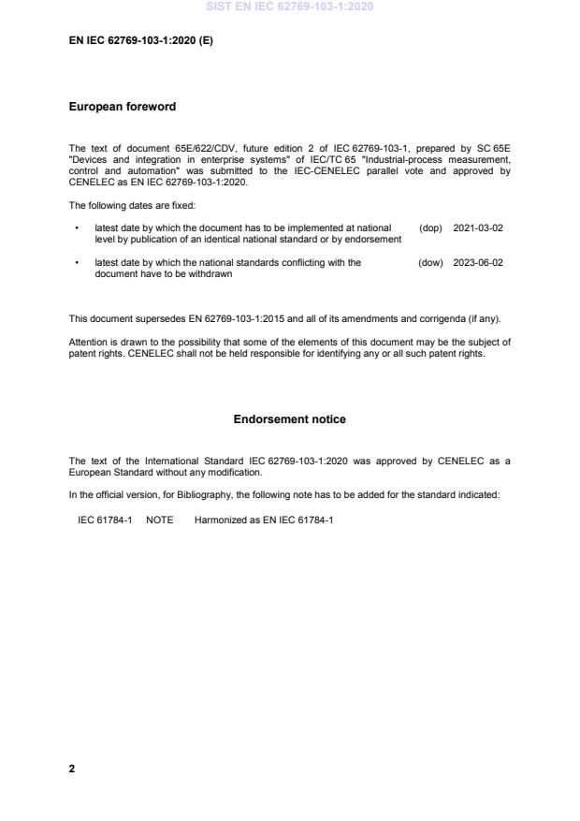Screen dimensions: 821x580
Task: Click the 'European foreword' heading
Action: pyautogui.click(x=122, y=107)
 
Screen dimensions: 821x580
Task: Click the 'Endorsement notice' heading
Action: pyautogui.click(x=289, y=419)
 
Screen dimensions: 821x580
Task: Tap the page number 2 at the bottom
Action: pyautogui.click(x=72, y=769)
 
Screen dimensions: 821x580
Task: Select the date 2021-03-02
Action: pyautogui.click(x=477, y=227)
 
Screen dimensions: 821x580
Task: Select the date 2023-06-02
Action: pyautogui.click(x=477, y=263)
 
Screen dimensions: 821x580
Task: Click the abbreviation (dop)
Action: pyautogui.click(x=430, y=227)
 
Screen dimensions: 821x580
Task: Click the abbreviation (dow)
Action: pyautogui.click(x=430, y=263)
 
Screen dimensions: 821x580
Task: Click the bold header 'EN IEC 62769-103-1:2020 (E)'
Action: pyautogui.click(x=140, y=41)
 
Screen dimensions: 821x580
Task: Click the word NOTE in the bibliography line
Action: pyautogui.click(x=159, y=519)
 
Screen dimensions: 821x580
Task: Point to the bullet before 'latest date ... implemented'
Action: pyautogui.click(x=75, y=227)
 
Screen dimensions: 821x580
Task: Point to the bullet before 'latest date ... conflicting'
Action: pyautogui.click(x=75, y=263)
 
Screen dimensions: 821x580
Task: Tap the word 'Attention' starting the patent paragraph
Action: pyautogui.click(x=88, y=342)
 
